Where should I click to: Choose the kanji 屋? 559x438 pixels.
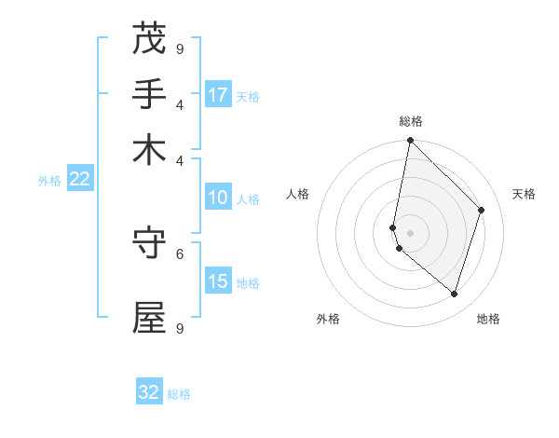(x=149, y=317)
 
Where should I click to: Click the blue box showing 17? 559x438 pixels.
(x=218, y=94)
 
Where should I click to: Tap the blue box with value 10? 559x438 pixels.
(x=218, y=198)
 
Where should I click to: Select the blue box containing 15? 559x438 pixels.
(x=218, y=281)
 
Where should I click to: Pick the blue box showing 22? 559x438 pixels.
(x=79, y=179)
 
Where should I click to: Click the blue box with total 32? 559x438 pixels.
(x=149, y=392)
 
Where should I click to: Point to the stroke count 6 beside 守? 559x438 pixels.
(x=180, y=253)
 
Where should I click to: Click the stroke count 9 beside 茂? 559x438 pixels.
(x=180, y=48)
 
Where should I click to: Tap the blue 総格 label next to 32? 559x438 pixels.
(x=179, y=394)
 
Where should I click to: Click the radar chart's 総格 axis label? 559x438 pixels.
(x=411, y=121)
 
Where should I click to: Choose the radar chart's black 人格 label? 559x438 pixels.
(x=298, y=194)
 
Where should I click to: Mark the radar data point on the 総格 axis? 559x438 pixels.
(x=410, y=142)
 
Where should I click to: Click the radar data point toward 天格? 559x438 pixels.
(x=482, y=210)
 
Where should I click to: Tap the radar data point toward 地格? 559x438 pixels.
(x=455, y=294)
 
